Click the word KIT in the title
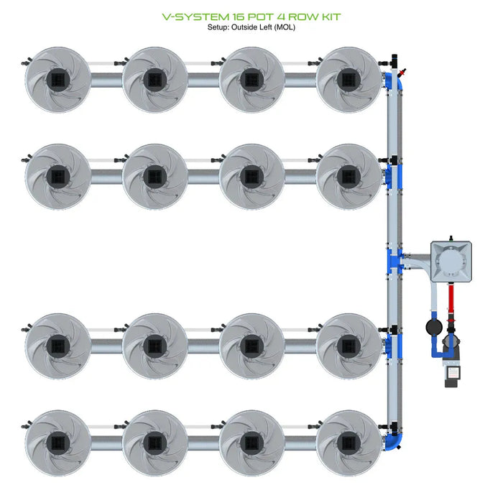329,17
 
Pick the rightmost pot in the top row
349,78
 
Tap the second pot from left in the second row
154,175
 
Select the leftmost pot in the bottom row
57,441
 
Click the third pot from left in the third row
251,345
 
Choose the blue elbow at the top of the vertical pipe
394,81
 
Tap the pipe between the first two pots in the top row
106,78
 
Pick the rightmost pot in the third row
349,345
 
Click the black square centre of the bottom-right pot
349,441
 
